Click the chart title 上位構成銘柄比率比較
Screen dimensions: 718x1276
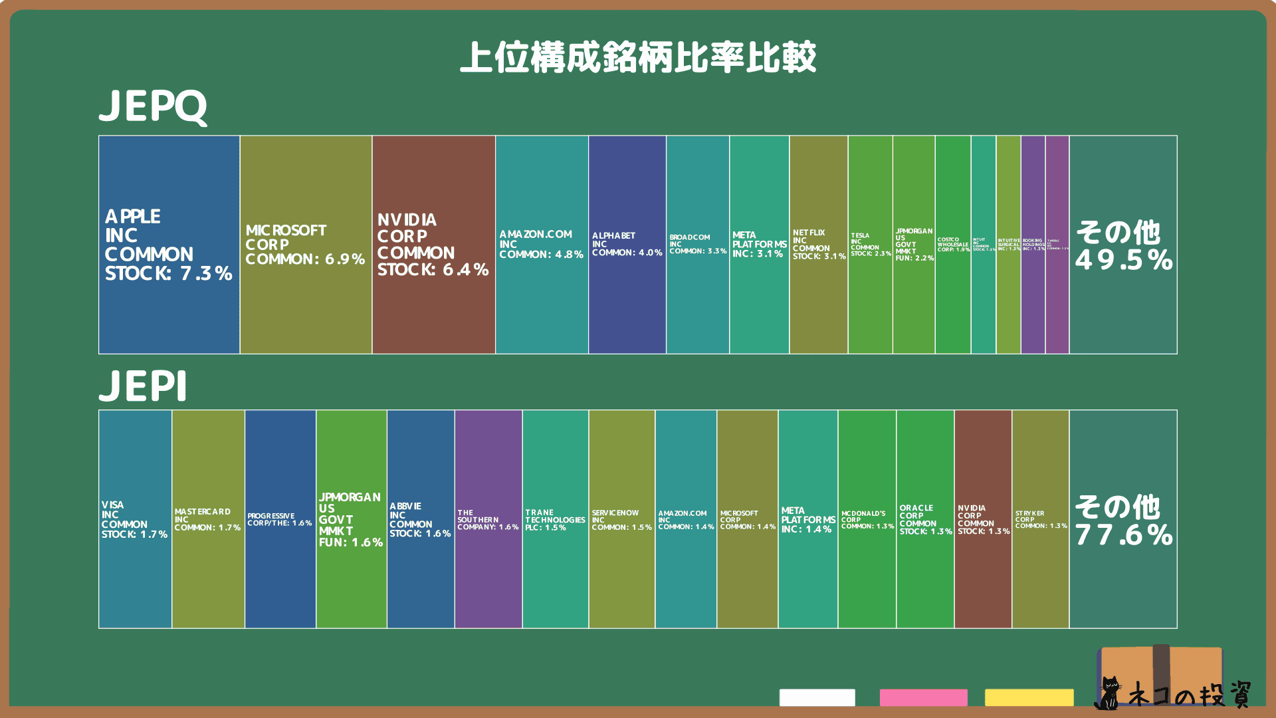[638, 57]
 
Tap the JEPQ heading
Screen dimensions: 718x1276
[153, 106]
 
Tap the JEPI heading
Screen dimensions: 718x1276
[143, 386]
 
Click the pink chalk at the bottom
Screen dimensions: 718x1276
[923, 697]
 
